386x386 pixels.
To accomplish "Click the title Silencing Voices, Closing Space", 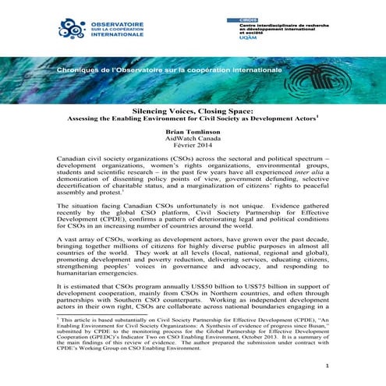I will click(192, 112).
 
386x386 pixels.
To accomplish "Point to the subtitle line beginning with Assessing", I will click(192, 121).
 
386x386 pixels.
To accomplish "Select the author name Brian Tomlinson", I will click(193, 134).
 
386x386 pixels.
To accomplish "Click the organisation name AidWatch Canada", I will click(193, 142).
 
